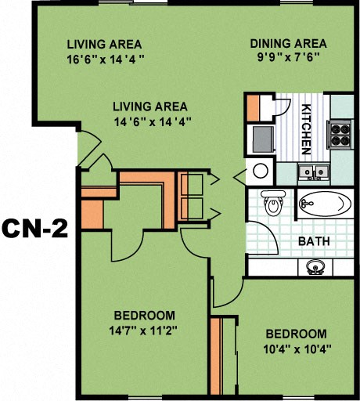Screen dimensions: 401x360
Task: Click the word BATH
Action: [x=312, y=241]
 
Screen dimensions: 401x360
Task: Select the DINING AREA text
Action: [x=288, y=43]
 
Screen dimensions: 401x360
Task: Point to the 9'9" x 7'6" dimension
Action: [x=288, y=57]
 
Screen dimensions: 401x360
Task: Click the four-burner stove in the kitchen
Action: [x=341, y=134]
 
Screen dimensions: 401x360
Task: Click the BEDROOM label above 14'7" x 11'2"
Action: [x=142, y=315]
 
